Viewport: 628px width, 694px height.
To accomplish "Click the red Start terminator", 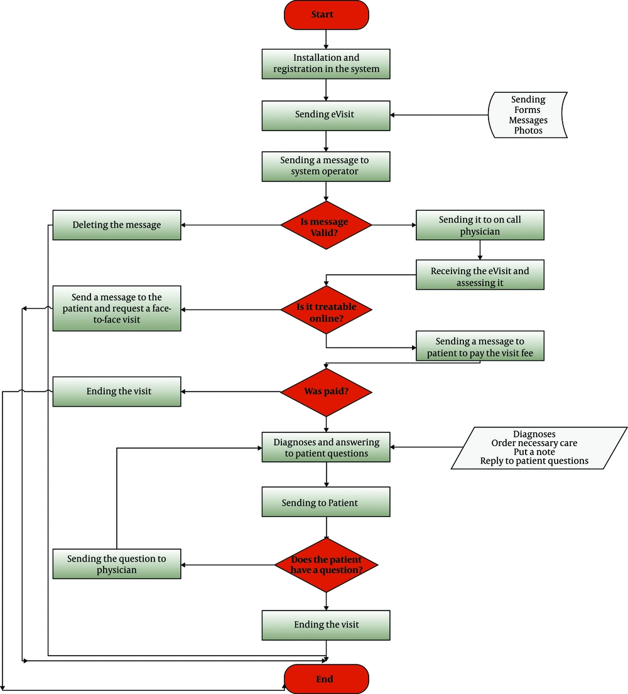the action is [x=327, y=15].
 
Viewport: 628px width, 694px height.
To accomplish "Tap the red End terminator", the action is [x=327, y=679].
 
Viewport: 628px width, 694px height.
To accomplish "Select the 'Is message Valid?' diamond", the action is [x=326, y=225].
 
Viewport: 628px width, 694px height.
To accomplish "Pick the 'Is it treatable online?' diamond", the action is [x=326, y=310].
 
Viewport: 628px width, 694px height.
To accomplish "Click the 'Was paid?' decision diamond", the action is [x=326, y=392].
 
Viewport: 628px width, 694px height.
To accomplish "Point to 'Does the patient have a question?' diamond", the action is [x=326, y=565].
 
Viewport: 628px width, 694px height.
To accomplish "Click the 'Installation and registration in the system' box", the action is [x=326, y=64].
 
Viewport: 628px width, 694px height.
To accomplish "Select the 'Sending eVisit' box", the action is [x=326, y=116].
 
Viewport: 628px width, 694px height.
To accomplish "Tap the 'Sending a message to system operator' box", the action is [x=326, y=166].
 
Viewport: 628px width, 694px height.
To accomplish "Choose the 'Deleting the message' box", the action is [x=117, y=225].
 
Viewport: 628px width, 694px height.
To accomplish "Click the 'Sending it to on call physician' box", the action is [x=480, y=225].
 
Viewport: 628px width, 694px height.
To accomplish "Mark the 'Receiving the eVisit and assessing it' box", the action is [x=480, y=275].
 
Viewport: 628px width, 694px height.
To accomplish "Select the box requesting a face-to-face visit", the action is [x=117, y=309].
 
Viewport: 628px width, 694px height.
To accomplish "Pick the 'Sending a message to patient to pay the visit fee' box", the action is [x=480, y=346].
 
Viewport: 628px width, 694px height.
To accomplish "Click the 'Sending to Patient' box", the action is [x=326, y=502].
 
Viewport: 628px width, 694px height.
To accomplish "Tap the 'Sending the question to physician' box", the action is [x=117, y=564].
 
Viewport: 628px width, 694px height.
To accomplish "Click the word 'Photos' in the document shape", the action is [x=528, y=131].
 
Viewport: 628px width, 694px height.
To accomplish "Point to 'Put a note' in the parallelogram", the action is [x=534, y=452].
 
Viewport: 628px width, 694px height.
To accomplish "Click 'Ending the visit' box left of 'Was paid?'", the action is [x=117, y=392].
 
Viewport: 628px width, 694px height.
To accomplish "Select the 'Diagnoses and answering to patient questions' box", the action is [x=326, y=447].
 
